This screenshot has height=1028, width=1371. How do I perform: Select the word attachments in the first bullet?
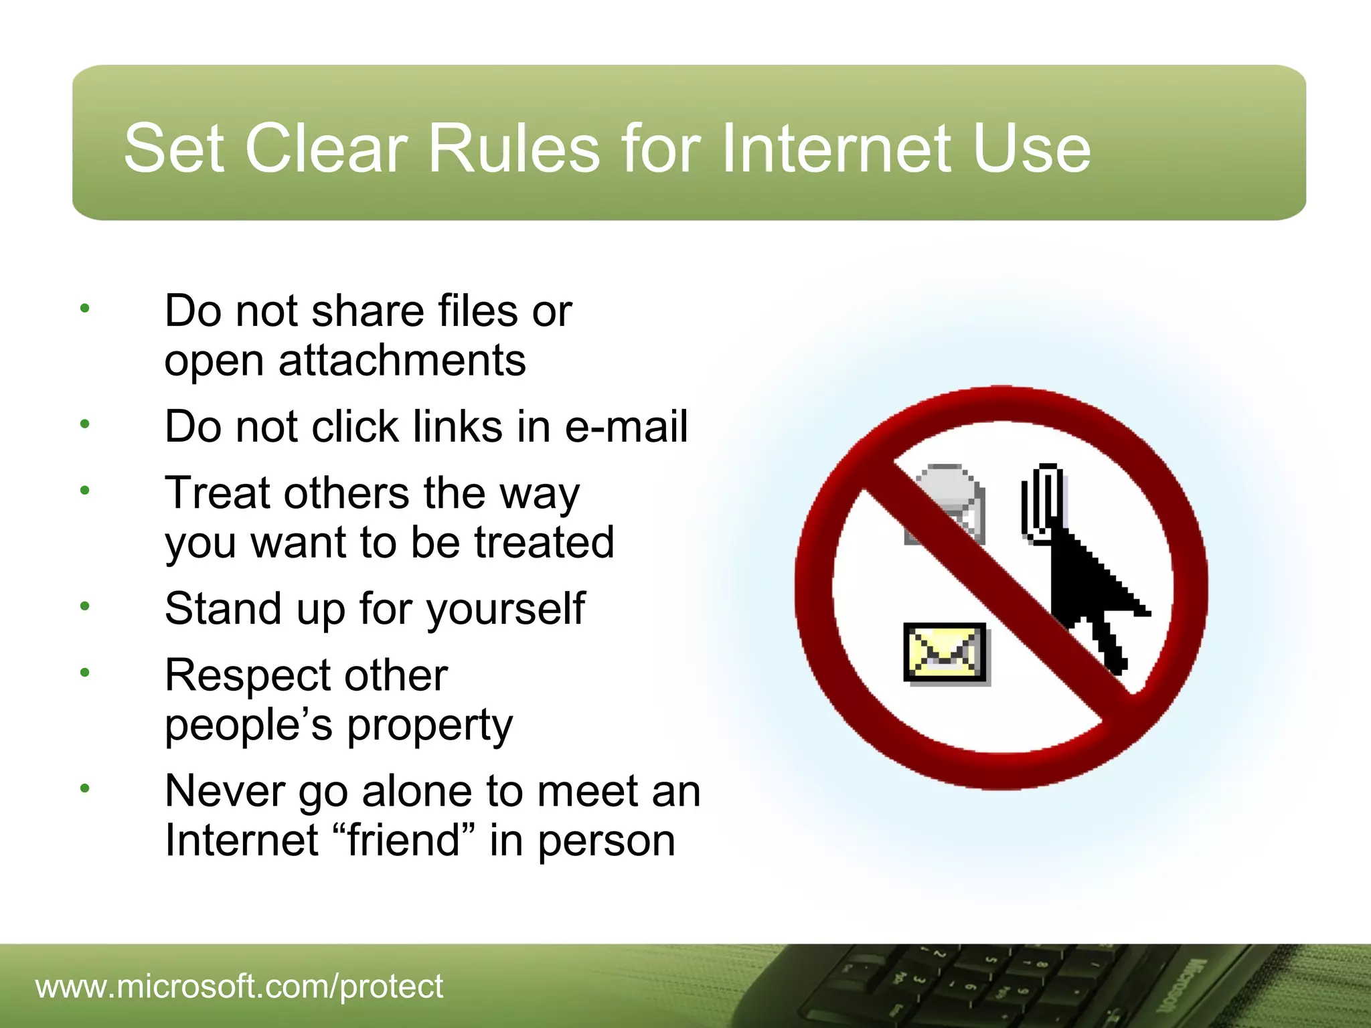click(402, 361)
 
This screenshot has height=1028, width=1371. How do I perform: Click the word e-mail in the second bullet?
click(626, 426)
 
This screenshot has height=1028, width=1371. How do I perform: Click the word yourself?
click(506, 609)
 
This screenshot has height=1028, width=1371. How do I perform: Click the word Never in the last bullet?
click(226, 791)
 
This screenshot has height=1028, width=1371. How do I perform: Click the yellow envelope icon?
click(945, 652)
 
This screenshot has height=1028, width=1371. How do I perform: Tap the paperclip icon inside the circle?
click(1042, 502)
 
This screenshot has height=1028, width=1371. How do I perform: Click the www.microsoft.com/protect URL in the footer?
click(239, 986)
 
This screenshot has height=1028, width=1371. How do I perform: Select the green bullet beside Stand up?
click(84, 606)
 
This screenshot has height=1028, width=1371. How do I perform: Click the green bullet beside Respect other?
click(84, 673)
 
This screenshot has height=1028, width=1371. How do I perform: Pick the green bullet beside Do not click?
click(84, 424)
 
